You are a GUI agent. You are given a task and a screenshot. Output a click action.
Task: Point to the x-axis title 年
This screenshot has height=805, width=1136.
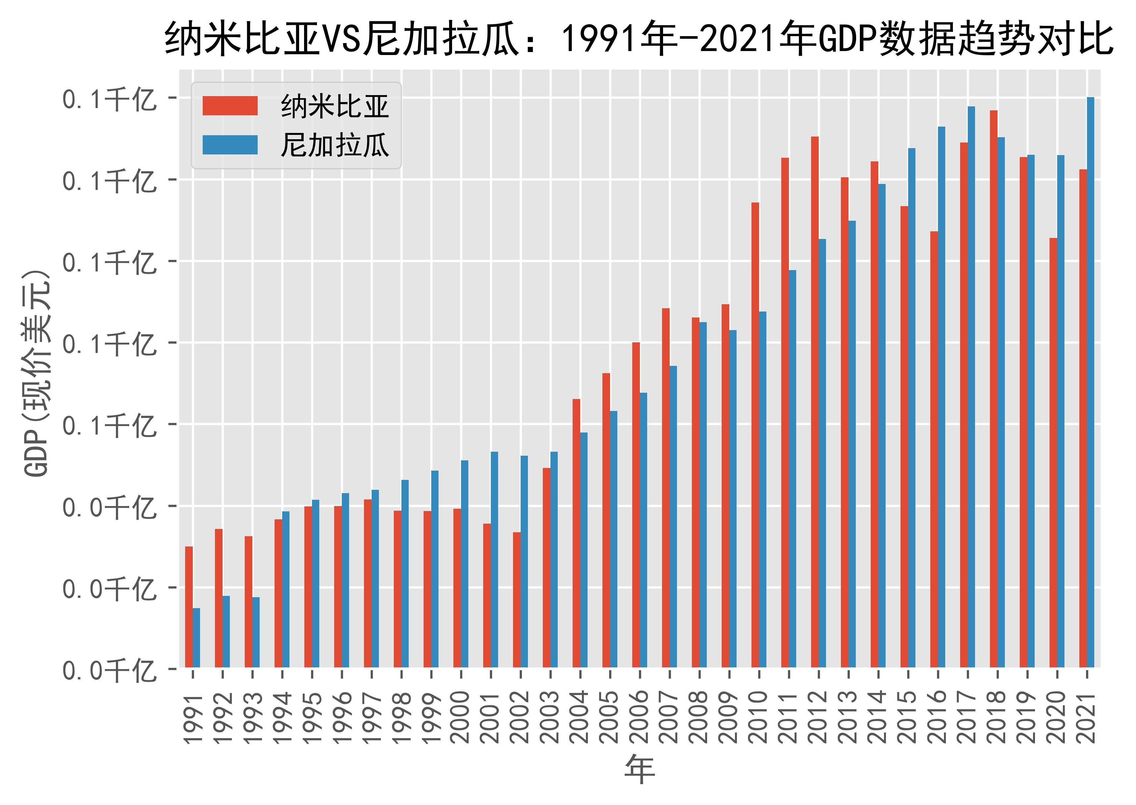click(x=639, y=770)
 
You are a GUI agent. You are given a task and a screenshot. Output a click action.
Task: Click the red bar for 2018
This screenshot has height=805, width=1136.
click(x=993, y=389)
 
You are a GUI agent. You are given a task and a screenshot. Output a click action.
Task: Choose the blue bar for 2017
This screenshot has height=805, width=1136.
click(x=971, y=387)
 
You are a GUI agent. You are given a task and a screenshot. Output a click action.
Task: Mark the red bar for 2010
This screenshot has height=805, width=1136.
click(x=755, y=435)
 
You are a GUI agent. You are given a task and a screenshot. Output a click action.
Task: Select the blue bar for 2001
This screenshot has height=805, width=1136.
click(x=494, y=559)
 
